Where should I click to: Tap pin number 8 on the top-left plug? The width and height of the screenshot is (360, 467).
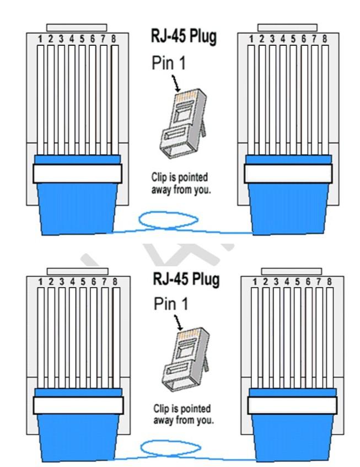(115, 99)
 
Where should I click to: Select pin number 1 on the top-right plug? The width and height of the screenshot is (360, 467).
(251, 99)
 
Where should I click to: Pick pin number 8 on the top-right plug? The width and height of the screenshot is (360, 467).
(325, 99)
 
